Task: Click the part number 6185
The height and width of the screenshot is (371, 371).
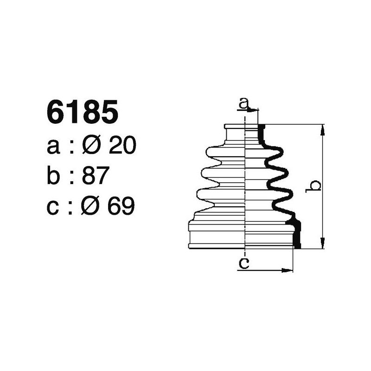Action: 83,114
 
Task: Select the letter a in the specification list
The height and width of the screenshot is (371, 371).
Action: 54,147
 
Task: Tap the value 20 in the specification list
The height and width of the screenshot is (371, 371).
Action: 123,146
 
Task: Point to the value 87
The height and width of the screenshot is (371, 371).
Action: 95,176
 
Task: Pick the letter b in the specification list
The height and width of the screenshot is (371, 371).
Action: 54,176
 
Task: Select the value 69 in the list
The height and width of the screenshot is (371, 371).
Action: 121,206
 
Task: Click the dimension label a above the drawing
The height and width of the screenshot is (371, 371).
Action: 243,103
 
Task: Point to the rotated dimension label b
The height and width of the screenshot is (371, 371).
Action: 315,186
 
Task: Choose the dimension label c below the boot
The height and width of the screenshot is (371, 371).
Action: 244,264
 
